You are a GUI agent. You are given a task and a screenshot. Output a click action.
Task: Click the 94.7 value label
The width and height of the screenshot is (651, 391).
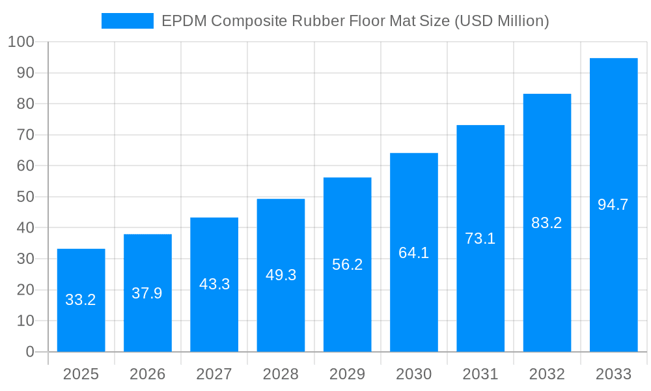click(x=613, y=205)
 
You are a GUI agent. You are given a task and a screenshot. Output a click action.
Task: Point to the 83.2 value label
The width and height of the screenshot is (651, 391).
click(x=547, y=223)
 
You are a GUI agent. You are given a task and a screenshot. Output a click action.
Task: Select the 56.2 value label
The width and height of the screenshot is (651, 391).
click(x=347, y=265)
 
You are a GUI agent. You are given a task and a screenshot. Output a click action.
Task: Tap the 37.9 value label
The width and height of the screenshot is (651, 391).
click(x=147, y=293)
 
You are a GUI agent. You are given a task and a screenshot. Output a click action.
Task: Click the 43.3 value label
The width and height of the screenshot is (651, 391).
click(x=214, y=284)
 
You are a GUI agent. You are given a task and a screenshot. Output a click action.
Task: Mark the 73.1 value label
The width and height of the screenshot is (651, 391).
click(x=480, y=239)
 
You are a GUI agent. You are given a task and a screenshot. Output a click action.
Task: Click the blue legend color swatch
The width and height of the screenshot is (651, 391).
click(x=127, y=21)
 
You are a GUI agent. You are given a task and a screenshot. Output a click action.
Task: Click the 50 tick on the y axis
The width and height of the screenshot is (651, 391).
click(x=25, y=197)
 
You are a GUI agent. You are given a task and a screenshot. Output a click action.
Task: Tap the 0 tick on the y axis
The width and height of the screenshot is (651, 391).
click(x=30, y=352)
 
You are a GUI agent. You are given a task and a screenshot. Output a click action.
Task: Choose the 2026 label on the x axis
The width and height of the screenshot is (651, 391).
click(x=147, y=374)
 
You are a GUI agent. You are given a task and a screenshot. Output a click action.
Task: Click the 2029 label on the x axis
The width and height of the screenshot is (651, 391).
click(x=347, y=374)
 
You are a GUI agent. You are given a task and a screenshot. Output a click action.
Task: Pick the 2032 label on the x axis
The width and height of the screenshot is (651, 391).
click(x=547, y=374)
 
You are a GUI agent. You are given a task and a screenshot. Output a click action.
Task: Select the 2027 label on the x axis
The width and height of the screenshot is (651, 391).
click(x=214, y=374)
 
